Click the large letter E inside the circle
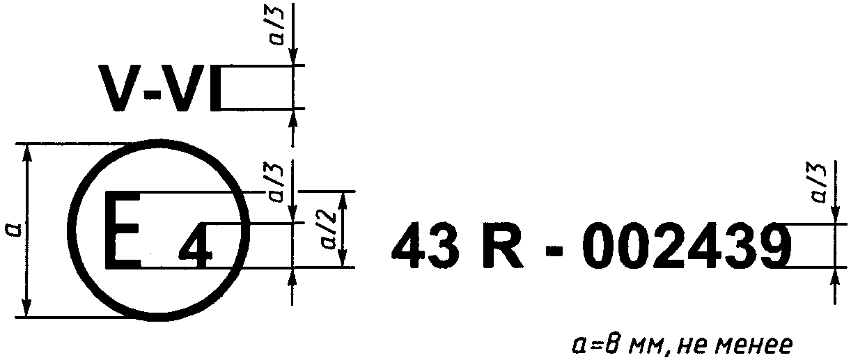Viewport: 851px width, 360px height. click(123, 230)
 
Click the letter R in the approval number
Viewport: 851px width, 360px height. click(503, 246)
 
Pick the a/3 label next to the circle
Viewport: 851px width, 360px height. click(276, 183)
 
